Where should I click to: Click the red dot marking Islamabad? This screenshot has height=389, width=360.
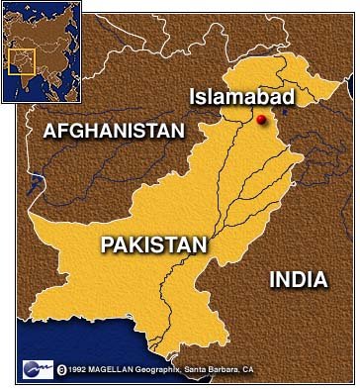(x=261, y=120)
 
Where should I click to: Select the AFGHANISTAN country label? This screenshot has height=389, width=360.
(x=114, y=131)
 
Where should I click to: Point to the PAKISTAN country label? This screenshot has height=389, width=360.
(x=153, y=244)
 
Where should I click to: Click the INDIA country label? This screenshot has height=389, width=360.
(x=298, y=280)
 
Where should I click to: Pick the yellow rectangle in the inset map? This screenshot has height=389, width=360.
(x=22, y=61)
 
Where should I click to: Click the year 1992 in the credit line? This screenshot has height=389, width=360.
(x=80, y=370)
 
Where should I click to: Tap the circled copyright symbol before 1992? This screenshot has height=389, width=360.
(x=62, y=370)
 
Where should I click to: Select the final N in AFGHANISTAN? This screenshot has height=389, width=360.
(x=179, y=131)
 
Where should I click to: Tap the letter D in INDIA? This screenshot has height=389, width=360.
(x=298, y=280)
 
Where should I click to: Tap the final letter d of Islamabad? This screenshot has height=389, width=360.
(x=289, y=96)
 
